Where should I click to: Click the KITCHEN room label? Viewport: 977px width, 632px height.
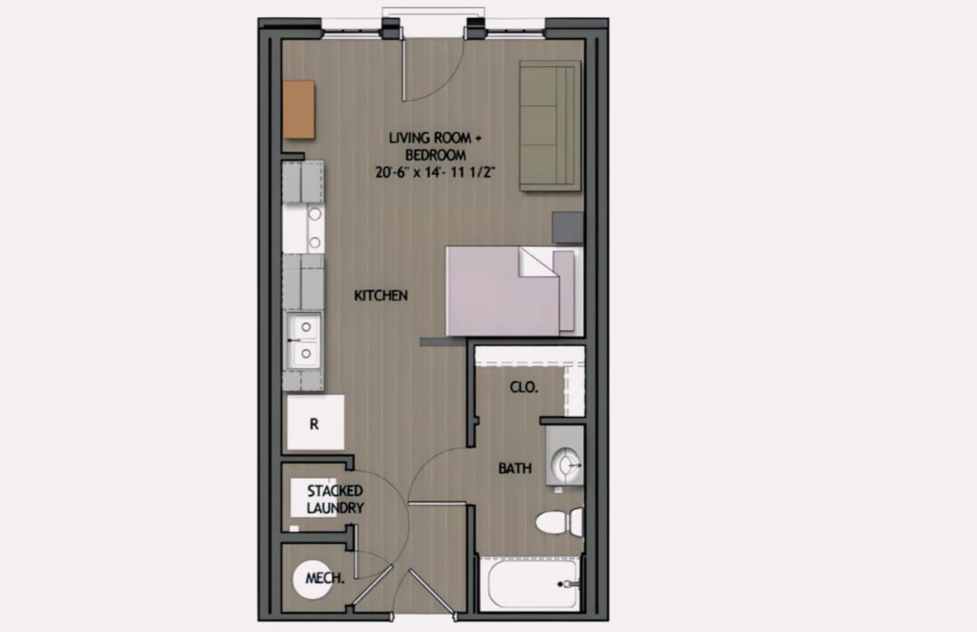[x=381, y=296]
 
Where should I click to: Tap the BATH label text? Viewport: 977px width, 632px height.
[x=515, y=468]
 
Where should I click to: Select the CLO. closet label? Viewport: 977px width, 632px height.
[x=524, y=388]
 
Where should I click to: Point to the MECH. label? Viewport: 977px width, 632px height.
[x=325, y=578]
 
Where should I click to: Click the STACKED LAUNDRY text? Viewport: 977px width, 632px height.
[x=335, y=499]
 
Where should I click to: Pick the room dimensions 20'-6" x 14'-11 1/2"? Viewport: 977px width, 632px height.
[x=435, y=173]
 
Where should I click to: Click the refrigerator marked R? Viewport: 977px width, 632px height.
[x=315, y=422]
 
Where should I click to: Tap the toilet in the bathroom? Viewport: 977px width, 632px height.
[x=559, y=522]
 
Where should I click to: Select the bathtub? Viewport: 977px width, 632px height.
[x=529, y=584]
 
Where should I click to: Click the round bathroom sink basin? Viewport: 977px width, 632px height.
[x=566, y=466]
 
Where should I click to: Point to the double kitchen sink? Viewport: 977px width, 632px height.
[x=304, y=340]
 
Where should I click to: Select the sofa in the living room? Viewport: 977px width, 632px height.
[x=550, y=125]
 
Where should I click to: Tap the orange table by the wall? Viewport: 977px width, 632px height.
[x=299, y=109]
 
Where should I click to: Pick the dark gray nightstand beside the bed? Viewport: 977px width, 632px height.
[x=568, y=228]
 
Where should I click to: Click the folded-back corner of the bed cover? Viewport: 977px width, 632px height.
[x=538, y=262]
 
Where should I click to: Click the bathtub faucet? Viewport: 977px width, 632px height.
[x=569, y=584]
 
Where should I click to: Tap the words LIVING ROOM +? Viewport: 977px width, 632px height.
[x=435, y=138]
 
